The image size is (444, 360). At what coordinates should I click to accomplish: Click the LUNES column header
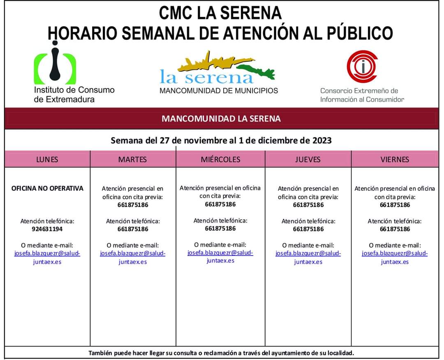[x=47, y=159]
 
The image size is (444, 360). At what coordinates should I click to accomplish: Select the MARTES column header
[x=132, y=159]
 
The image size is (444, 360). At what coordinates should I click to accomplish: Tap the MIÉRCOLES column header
[x=220, y=159]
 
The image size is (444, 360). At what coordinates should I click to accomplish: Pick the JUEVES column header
[x=308, y=159]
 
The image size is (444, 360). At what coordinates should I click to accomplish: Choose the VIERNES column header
[x=395, y=159]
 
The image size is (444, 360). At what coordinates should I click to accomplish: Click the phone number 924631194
[x=47, y=229]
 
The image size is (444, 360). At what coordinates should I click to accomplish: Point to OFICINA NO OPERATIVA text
[x=47, y=188]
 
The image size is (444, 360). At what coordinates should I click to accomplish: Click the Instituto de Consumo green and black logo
[x=55, y=64]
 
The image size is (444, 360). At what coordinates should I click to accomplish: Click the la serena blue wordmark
[x=206, y=77]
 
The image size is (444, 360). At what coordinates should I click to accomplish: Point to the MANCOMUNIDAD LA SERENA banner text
[x=221, y=119]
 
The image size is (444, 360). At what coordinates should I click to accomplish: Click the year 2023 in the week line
[x=322, y=141]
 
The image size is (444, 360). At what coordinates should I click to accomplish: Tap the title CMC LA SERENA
[x=220, y=13]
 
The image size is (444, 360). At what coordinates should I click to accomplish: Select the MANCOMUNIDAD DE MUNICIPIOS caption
[x=219, y=91]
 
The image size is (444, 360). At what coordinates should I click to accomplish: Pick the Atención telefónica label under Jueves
[x=308, y=221]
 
